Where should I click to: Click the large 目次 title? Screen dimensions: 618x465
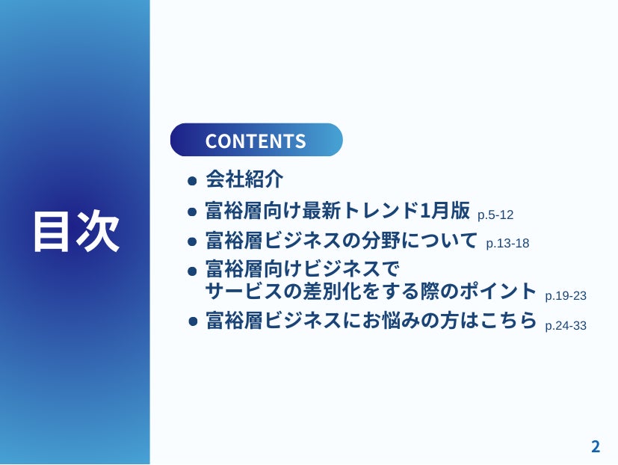pyautogui.click(x=76, y=231)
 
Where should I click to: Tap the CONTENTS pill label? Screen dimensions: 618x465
pyautogui.click(x=256, y=141)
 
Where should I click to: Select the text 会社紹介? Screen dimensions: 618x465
pyautogui.click(x=244, y=179)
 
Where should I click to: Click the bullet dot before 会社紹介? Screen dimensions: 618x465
pyautogui.click(x=192, y=181)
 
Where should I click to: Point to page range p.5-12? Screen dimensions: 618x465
pyautogui.click(x=495, y=215)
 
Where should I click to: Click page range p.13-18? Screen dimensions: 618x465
pyautogui.click(x=507, y=244)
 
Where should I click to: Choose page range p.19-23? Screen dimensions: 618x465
pyautogui.click(x=566, y=296)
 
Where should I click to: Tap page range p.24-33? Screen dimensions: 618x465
pyautogui.click(x=566, y=326)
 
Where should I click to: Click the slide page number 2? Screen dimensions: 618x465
pyautogui.click(x=596, y=447)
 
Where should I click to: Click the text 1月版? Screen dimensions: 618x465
pyautogui.click(x=445, y=210)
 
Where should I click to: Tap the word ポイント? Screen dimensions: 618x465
pyautogui.click(x=498, y=291)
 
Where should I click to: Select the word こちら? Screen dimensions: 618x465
pyautogui.click(x=508, y=320)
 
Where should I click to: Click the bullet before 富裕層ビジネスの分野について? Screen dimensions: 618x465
pyautogui.click(x=192, y=241)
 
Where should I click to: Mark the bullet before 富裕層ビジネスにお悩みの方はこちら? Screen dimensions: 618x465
pyautogui.click(x=193, y=321)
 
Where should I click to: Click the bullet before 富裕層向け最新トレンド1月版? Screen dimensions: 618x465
pyautogui.click(x=192, y=212)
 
